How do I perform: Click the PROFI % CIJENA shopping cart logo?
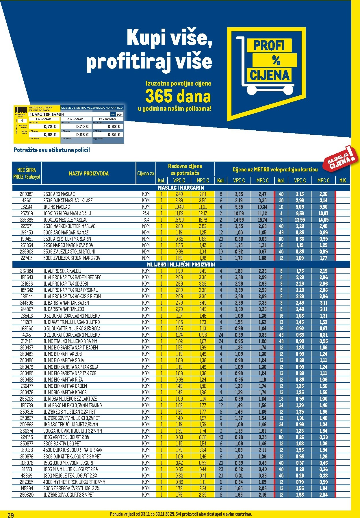[x=266, y=73]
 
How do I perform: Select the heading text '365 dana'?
[x=178, y=97]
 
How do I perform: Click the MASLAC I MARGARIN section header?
[x=181, y=188]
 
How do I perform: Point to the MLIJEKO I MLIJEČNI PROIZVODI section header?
[x=181, y=264]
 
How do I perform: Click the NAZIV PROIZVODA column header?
[x=89, y=173]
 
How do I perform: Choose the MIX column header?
[x=342, y=180]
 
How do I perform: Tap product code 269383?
[x=27, y=194]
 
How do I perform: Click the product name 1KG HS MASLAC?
[x=57, y=207]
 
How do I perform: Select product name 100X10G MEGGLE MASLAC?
[x=65, y=220]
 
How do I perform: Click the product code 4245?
[x=27, y=335]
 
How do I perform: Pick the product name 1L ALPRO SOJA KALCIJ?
[x=62, y=271]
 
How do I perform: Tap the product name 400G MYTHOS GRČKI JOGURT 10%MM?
[x=74, y=482]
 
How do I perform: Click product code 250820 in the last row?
[x=27, y=495]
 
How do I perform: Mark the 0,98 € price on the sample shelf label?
[x=50, y=135]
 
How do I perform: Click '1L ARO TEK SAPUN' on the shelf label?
[x=47, y=114]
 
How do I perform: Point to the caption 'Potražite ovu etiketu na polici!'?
[x=52, y=150]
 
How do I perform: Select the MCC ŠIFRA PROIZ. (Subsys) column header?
[x=27, y=173]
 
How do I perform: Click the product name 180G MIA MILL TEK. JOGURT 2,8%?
[x=71, y=469]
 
